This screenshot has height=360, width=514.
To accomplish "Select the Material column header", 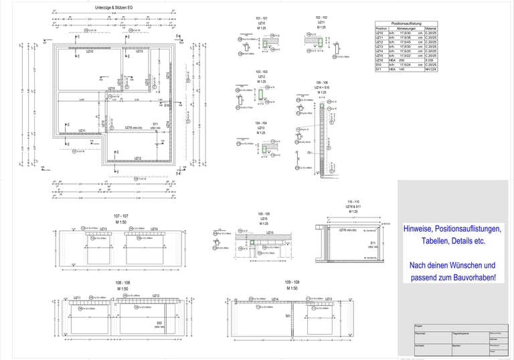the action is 430,28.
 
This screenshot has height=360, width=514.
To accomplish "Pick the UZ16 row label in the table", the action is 380,60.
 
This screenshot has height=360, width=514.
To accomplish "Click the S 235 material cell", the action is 430,60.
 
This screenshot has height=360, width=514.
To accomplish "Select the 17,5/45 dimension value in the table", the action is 404,41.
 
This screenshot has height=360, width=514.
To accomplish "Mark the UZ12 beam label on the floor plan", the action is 137,159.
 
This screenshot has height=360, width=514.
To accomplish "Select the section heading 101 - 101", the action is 262,18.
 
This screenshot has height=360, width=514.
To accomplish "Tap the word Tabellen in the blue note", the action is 437,240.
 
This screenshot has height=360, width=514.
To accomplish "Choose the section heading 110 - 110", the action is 353,201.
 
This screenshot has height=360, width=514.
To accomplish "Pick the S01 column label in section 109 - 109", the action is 288,315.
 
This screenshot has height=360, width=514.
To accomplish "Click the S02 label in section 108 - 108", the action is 159,323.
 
